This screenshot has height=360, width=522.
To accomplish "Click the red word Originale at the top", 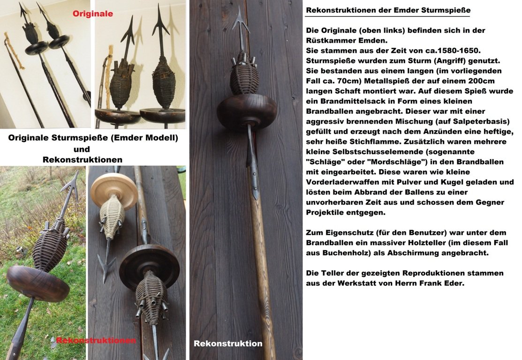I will pos(92,14).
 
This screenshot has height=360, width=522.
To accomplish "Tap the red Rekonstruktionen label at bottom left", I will pos(96,340).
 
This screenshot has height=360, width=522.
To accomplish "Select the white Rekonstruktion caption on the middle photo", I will pos(228,344).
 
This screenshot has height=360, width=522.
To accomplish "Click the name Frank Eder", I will pos(442,283).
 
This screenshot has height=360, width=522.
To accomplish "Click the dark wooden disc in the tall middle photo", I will pos(247,112).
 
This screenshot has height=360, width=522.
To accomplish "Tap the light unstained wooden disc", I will pos(114,188).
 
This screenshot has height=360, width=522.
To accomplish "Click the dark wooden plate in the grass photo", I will pos(39,283).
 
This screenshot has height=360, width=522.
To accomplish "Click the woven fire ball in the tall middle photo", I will pos(244,75).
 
